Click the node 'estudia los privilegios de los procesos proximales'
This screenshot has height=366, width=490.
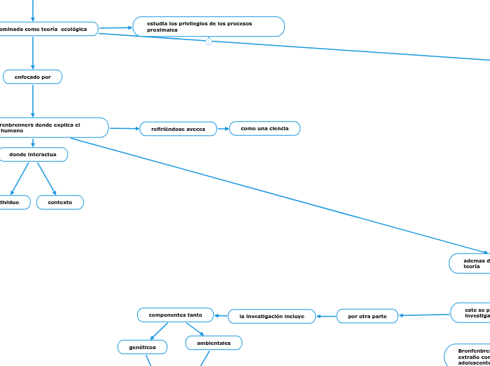point(209,27)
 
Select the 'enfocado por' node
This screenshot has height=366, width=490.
point(32,77)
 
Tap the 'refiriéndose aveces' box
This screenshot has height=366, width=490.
point(178,129)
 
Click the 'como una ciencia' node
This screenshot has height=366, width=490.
point(264,128)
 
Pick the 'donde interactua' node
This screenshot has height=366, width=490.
point(32,154)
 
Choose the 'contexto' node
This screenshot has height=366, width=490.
point(60,202)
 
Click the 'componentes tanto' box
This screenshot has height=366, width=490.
point(175,315)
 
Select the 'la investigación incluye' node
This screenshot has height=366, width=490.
point(271,317)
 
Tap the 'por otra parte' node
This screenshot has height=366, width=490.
point(367,316)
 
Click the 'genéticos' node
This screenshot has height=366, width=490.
point(142,347)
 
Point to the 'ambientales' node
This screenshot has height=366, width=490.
point(214,343)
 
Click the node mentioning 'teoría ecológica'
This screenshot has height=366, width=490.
point(48,29)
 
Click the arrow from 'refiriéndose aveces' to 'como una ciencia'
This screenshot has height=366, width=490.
point(223,129)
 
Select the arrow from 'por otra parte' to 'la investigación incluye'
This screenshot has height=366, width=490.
point(326,316)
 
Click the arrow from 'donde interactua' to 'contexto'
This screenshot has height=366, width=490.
point(46,178)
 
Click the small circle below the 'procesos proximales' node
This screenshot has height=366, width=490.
point(209,42)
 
